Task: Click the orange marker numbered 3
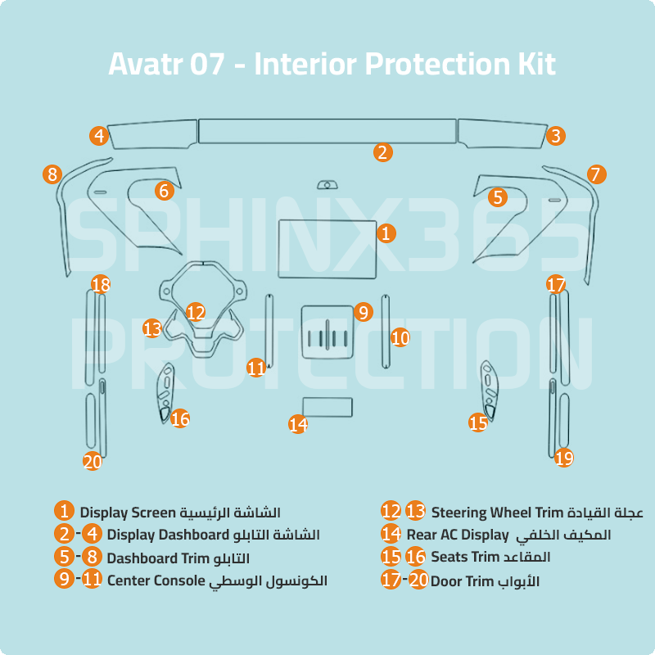pyautogui.click(x=556, y=136)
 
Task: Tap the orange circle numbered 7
pyautogui.click(x=597, y=174)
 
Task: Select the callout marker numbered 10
pyautogui.click(x=400, y=337)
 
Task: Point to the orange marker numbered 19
pyautogui.click(x=564, y=458)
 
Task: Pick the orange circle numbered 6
pyautogui.click(x=165, y=191)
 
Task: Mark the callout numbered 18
pyautogui.click(x=101, y=285)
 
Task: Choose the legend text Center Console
pyautogui.click(x=155, y=580)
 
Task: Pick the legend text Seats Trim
pyautogui.click(x=465, y=558)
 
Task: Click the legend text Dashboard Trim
pyautogui.click(x=154, y=558)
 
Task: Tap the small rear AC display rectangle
pyautogui.click(x=327, y=407)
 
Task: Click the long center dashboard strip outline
pyautogui.click(x=327, y=131)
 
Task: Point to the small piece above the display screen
pyautogui.click(x=327, y=185)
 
